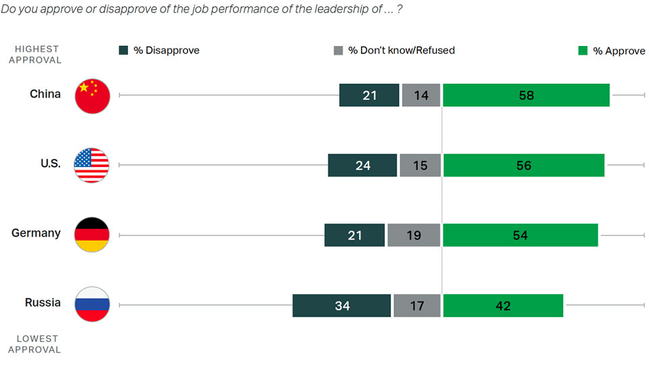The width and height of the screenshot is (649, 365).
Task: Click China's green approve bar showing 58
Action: tap(526, 95)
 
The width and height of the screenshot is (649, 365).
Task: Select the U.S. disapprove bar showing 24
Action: tap(362, 166)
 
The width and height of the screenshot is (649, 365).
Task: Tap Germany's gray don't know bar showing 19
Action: tap(414, 235)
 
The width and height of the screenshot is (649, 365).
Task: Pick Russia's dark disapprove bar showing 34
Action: tap(341, 306)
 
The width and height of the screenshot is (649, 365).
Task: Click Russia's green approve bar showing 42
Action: tap(503, 306)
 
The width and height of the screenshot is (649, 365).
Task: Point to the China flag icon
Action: tap(91, 95)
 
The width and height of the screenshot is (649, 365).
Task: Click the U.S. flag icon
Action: tap(91, 165)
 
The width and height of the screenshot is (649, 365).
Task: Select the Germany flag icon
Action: tap(91, 235)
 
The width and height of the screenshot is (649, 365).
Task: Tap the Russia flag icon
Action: tap(91, 304)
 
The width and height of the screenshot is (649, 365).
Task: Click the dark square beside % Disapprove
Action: tap(124, 50)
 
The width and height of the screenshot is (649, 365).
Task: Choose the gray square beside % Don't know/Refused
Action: tap(339, 50)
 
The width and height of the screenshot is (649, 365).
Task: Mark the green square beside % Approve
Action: tap(583, 50)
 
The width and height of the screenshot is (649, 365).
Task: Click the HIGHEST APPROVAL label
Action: tap(38, 54)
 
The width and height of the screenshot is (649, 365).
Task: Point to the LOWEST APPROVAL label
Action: tap(38, 344)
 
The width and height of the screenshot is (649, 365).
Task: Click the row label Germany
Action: tap(36, 233)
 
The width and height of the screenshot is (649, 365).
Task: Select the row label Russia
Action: tap(43, 303)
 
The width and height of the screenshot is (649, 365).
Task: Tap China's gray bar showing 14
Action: tap(421, 95)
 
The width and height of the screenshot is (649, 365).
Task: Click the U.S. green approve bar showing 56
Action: tap(524, 166)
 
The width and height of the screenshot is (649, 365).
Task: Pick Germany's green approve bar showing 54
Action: tap(520, 235)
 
